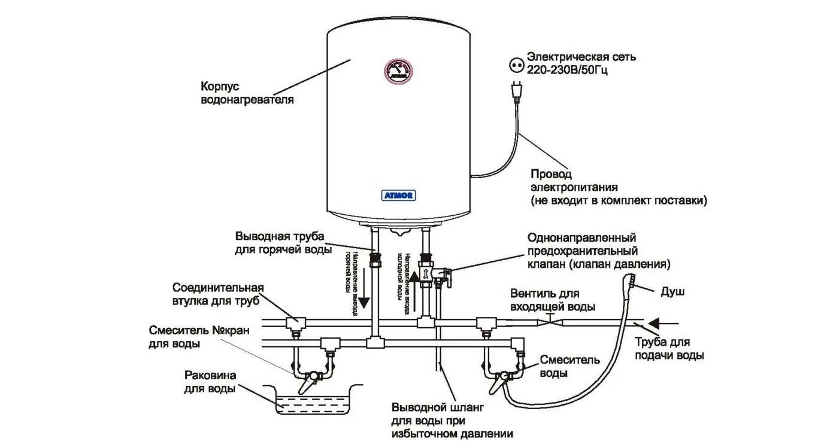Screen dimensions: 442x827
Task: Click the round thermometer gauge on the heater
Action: (x=397, y=71)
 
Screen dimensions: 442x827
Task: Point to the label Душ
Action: (x=672, y=292)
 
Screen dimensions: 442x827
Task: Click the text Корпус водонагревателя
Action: (x=247, y=93)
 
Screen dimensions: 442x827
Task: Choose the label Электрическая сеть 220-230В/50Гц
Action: (x=580, y=63)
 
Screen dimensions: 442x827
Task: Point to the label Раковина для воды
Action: (x=210, y=382)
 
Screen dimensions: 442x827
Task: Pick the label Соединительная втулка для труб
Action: (x=218, y=294)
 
